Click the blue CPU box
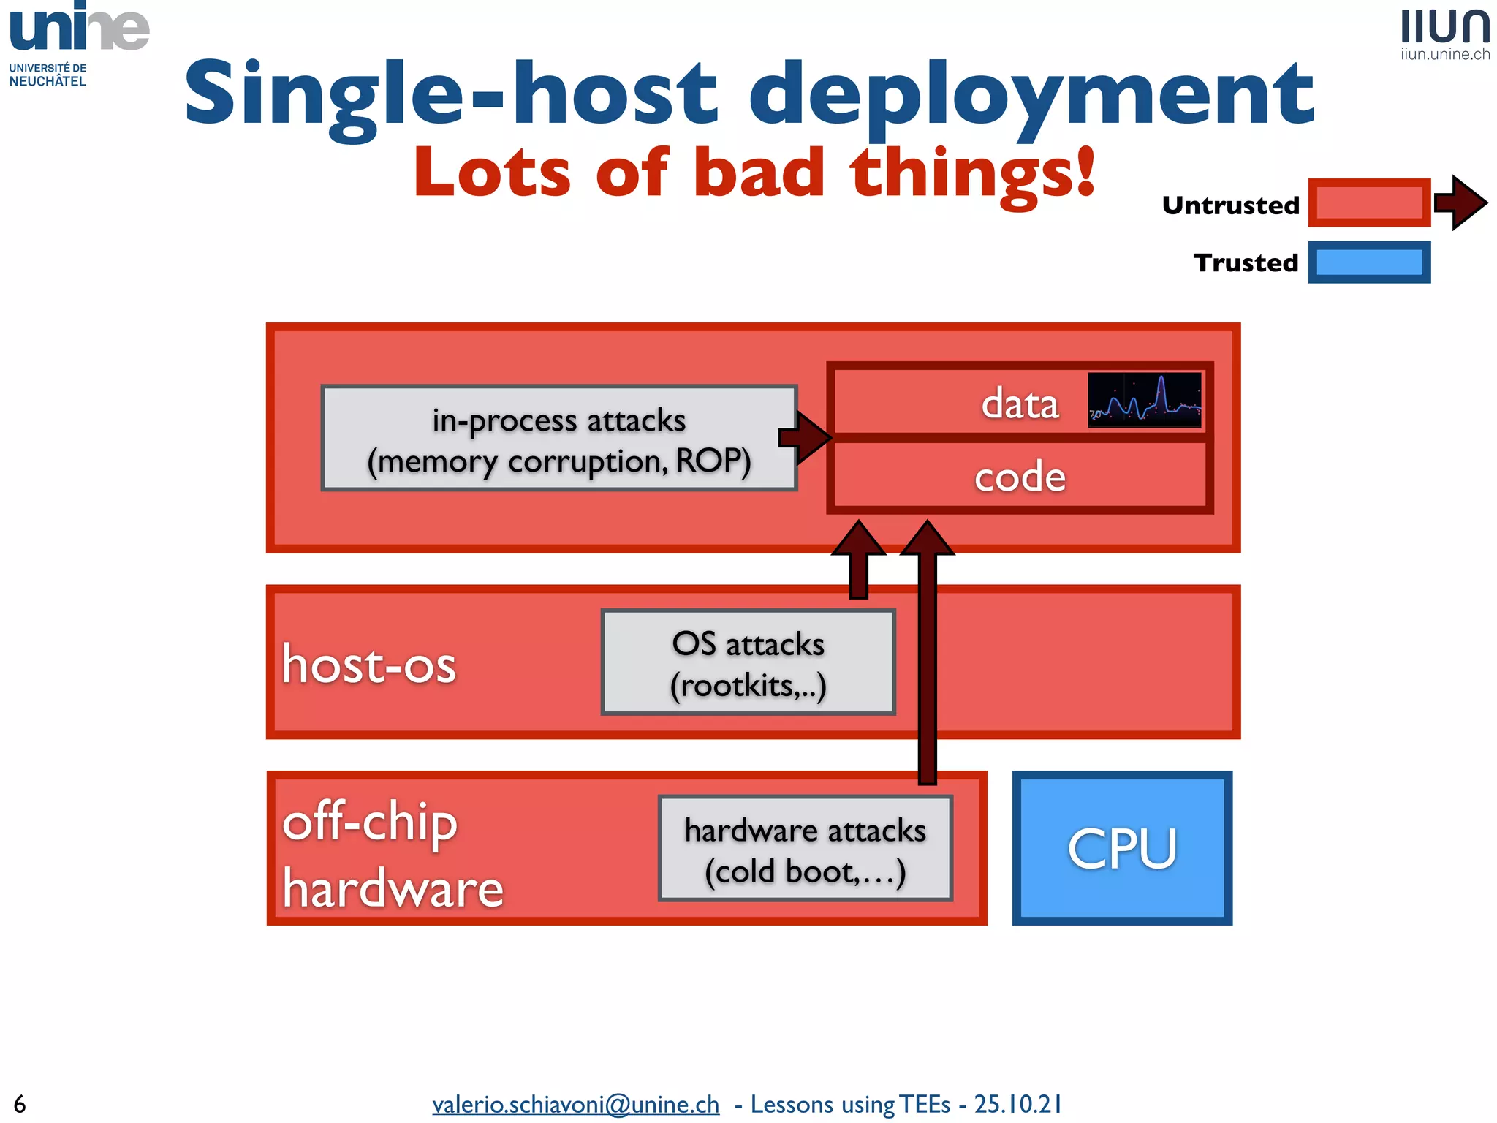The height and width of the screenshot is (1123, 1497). (x=1122, y=848)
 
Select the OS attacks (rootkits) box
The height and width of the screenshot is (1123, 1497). (x=748, y=662)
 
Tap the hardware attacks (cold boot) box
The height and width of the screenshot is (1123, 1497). (x=805, y=849)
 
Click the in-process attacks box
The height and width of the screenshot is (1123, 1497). (x=559, y=439)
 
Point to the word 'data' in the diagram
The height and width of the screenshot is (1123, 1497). (x=1020, y=404)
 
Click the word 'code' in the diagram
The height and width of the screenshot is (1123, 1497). (x=1020, y=477)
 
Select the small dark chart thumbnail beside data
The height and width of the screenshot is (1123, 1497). (x=1144, y=399)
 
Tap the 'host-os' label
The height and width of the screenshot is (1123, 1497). (x=369, y=665)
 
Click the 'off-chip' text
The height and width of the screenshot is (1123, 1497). (x=370, y=823)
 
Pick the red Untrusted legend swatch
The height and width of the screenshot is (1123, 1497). (x=1368, y=203)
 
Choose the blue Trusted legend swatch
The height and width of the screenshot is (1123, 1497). (x=1368, y=262)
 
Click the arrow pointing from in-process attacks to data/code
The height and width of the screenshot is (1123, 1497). (x=805, y=437)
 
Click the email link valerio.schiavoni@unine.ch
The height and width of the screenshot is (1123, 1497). (x=575, y=1104)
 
